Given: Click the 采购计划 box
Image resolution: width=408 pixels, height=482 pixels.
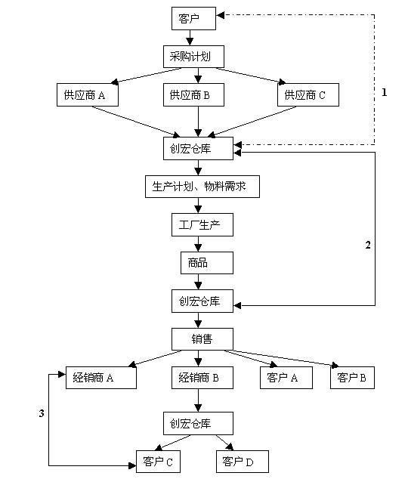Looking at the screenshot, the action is point(193,57).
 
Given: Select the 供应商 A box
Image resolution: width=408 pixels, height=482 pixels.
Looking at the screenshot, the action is point(88,94).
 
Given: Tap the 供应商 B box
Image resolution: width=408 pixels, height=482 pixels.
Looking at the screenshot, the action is point(193,94).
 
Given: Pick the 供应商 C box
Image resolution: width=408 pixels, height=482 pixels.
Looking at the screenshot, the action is point(308,94).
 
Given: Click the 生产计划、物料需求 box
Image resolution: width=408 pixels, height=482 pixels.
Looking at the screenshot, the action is point(202,187).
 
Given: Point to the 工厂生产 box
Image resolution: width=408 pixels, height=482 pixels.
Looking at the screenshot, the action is point(202,224).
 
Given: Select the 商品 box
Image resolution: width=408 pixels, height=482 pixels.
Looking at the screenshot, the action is point(206,263).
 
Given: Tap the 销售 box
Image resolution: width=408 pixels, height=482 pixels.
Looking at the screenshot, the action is point(202,339).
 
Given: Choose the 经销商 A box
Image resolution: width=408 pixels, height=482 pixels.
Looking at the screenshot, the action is point(100,378).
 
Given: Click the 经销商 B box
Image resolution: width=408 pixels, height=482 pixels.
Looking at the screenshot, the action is point(202,378).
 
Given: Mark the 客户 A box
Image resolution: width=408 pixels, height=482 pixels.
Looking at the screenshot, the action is point(286,378).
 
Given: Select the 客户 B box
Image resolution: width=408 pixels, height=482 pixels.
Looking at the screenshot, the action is point(352,378).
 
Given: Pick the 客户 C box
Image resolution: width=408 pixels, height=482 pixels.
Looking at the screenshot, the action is point(158,462).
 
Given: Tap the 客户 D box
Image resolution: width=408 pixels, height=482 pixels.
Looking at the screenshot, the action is point(243,462).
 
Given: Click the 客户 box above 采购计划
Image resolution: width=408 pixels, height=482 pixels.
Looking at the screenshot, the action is point(193,18).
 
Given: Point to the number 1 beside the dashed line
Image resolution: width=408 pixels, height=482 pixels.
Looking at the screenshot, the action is point(384,92).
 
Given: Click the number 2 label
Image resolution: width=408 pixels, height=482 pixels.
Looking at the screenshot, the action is point(368,245).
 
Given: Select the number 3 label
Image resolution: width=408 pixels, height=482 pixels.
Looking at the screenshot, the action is point(42,413).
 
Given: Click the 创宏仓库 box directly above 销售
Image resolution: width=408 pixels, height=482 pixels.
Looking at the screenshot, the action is point(202,301).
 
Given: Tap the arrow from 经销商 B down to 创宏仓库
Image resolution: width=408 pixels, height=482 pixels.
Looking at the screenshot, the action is point(198,400).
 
